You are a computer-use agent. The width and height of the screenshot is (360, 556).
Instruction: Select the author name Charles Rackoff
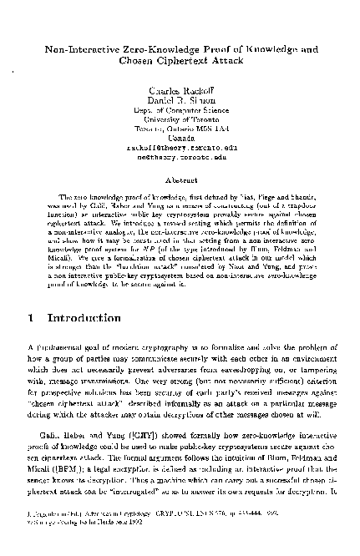(180, 90)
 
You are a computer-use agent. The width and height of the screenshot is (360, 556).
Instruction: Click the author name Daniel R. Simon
(180, 100)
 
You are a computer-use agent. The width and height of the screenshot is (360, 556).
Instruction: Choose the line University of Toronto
(180, 120)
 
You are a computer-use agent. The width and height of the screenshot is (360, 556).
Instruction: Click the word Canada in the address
(180, 137)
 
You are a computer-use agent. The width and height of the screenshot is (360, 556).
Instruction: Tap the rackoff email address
(180, 146)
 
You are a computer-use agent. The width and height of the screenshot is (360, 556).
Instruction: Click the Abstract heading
(180, 178)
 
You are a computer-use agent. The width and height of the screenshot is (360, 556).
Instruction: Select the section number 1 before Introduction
(31, 295)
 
